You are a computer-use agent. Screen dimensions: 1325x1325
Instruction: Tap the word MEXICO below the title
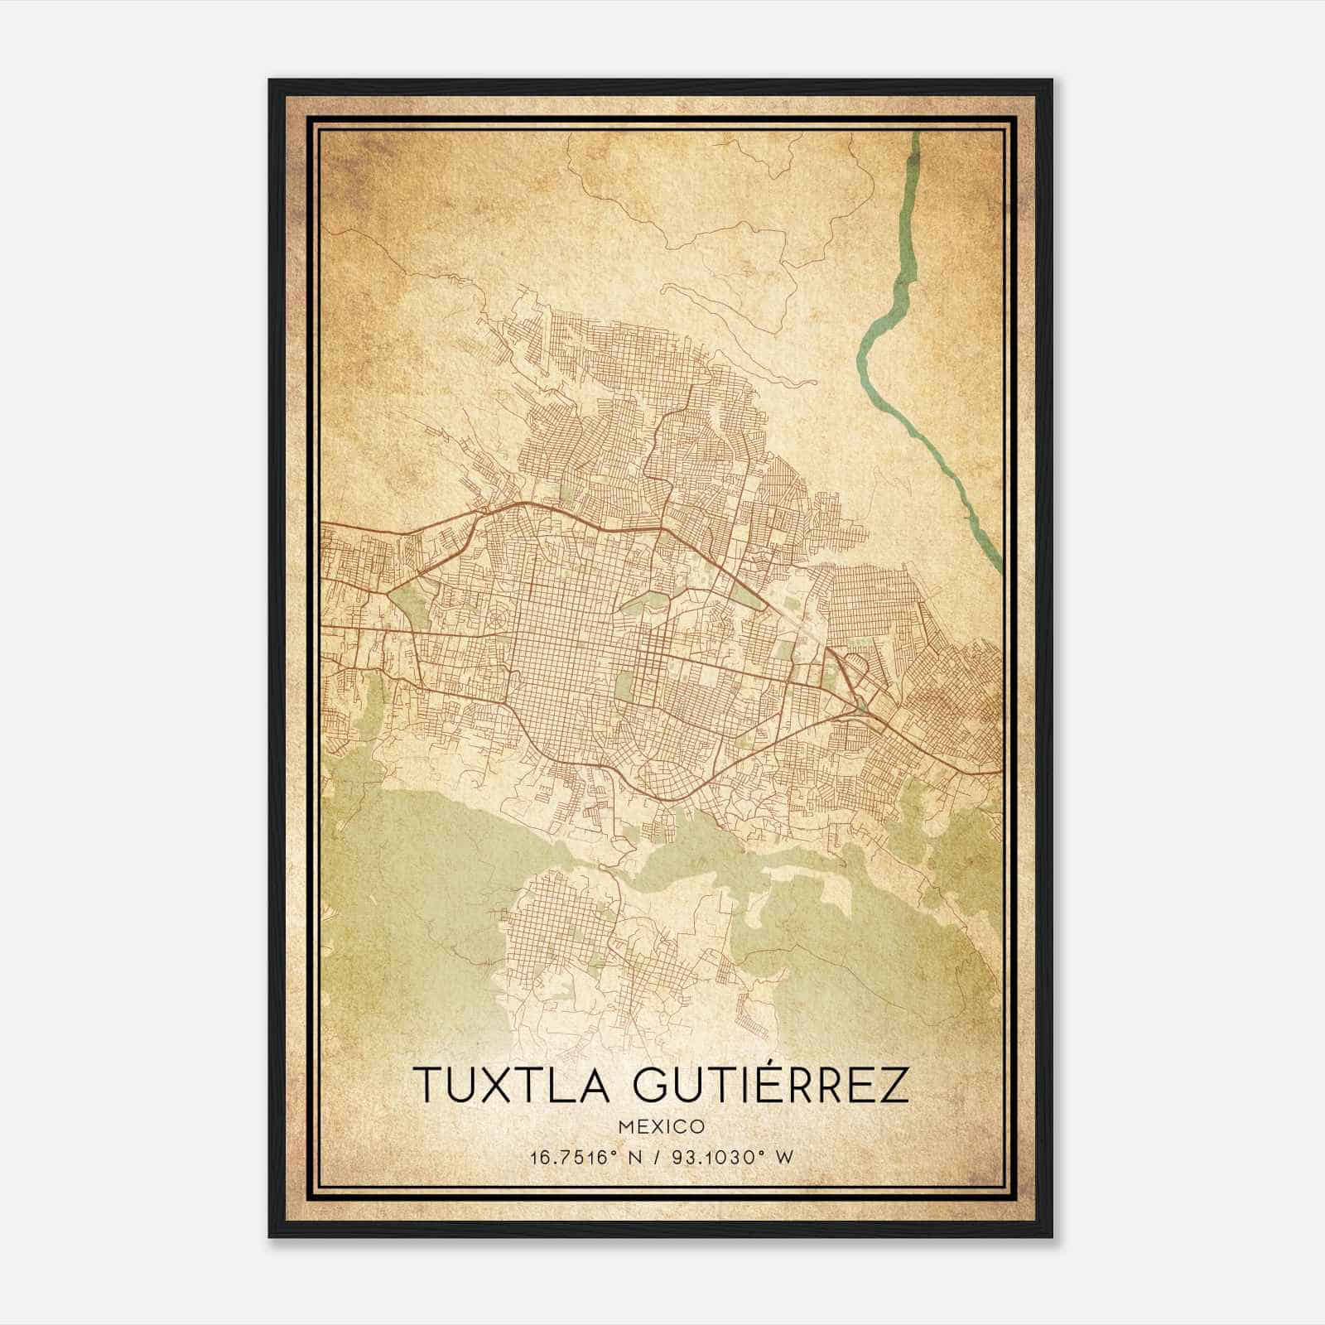click(x=662, y=1126)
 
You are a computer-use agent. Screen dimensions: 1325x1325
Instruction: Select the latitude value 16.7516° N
click(x=590, y=1157)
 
